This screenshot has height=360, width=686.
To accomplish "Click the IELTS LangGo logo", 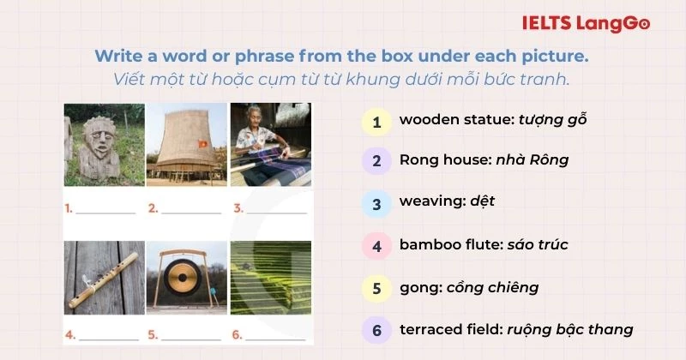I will pos(585,25).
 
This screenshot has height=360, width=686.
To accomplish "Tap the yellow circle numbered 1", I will pos(376,120).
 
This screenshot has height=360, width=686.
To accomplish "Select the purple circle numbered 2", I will pos(376,160).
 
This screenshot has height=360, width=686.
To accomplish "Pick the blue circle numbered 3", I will pos(376,203).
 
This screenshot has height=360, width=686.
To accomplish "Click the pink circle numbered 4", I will pos(376,245).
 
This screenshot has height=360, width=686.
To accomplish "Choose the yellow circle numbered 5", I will pos(376,287).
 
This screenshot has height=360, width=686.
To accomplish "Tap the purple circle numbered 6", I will pos(376,329).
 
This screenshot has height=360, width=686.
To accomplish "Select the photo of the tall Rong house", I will pos(185,145).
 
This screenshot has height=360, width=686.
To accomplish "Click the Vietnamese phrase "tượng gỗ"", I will pos(552,120).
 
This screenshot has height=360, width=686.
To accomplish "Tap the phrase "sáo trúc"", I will pos(537,245).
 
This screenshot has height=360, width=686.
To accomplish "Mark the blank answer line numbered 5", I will pos(193,335).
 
